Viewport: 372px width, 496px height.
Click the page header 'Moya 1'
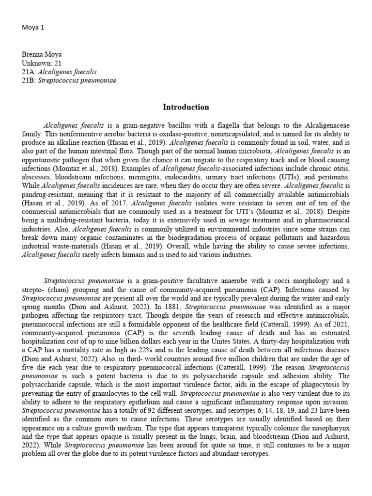tap(33, 28)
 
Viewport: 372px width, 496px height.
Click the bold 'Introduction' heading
tap(186, 107)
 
